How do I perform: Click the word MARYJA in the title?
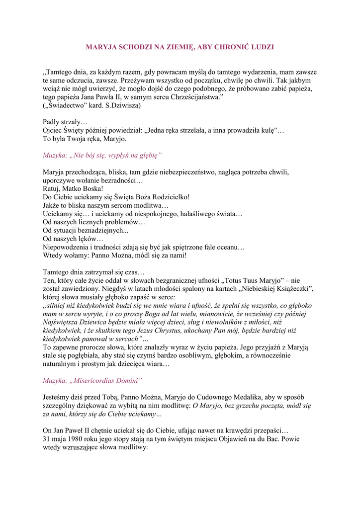click(99, 47)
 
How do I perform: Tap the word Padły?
click(51, 122)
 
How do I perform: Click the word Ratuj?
click(51, 189)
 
